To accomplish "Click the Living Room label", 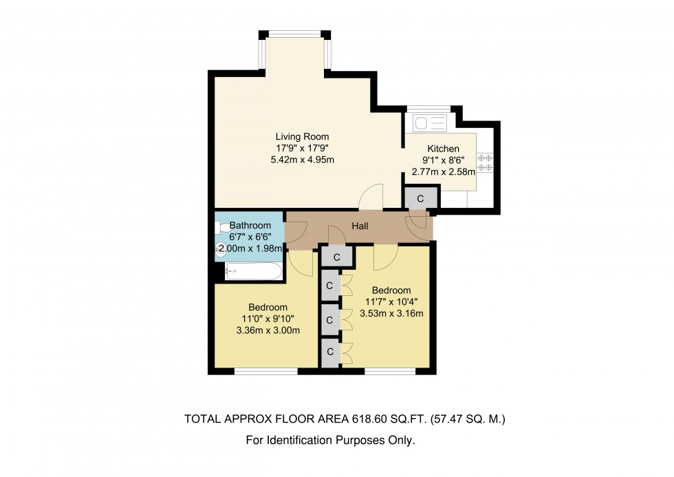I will (302, 136).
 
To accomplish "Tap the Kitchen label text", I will (443, 149).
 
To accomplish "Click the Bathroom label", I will (248, 225).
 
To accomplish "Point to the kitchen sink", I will (430, 123).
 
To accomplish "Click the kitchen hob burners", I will (485, 162).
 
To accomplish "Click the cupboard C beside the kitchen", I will (420, 198).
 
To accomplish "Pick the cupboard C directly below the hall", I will (337, 257).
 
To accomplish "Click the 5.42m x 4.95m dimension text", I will (302, 160).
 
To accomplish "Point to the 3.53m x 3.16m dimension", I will (391, 313).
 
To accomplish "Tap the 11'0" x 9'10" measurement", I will (268, 318).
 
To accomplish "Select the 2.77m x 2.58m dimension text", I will (443, 172).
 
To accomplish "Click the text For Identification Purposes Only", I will (331, 441).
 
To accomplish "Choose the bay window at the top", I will (294, 34).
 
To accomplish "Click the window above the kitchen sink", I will (429, 109).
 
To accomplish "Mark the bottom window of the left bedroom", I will (266, 372).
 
